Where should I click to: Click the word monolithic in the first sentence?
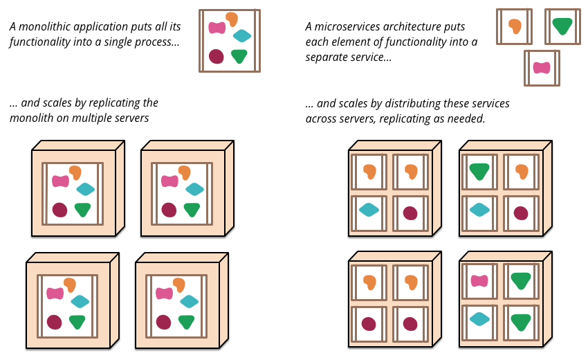click(42, 26)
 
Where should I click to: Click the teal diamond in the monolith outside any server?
click(242, 36)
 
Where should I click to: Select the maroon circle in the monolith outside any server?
click(217, 57)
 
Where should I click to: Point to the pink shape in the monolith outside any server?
click(217, 28)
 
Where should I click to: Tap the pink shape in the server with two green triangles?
click(479, 281)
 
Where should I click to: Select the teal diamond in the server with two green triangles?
click(479, 319)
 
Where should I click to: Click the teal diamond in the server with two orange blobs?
click(369, 210)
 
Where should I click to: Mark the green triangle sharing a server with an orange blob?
click(479, 171)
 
